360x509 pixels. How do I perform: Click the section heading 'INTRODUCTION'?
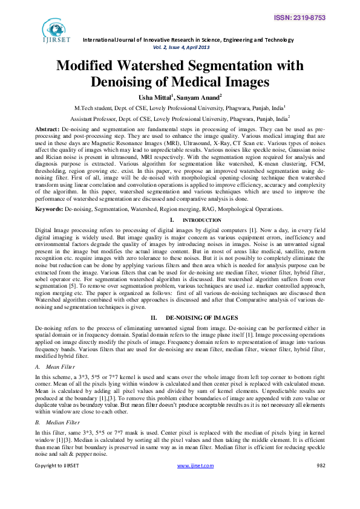pos(198,221)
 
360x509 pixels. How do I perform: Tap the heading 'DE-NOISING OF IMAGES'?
pos(192,317)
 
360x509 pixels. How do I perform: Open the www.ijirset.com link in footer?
pos(195,482)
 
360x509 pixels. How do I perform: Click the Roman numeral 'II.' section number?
pos(154,317)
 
